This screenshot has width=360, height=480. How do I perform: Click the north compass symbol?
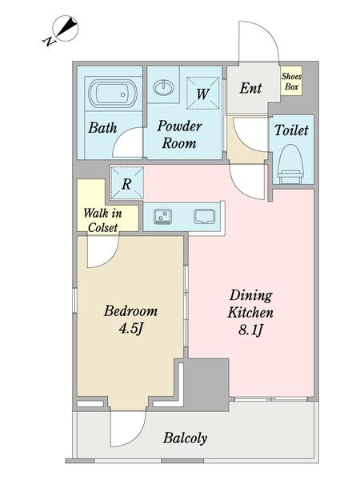point(62,30)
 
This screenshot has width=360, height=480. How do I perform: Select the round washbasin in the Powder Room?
point(163,87)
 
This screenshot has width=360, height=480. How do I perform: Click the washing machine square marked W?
point(203,93)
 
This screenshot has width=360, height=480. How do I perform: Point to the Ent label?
point(250,88)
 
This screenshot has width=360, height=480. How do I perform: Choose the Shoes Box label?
point(291,81)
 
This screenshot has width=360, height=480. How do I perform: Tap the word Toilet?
point(291,130)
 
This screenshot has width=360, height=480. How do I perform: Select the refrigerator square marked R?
point(127,183)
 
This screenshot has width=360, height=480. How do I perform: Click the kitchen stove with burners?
point(162,217)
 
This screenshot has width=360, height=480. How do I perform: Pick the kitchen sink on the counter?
point(205,217)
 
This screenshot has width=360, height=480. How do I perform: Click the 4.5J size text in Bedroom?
point(131,329)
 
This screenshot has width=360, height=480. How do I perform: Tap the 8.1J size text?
point(250,330)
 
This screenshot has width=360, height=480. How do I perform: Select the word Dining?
point(250,296)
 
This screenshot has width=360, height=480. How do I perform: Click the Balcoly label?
point(185,438)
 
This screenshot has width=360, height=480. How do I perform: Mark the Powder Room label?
point(179,134)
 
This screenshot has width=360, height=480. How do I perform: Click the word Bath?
point(102,128)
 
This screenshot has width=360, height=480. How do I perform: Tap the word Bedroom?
point(130,311)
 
